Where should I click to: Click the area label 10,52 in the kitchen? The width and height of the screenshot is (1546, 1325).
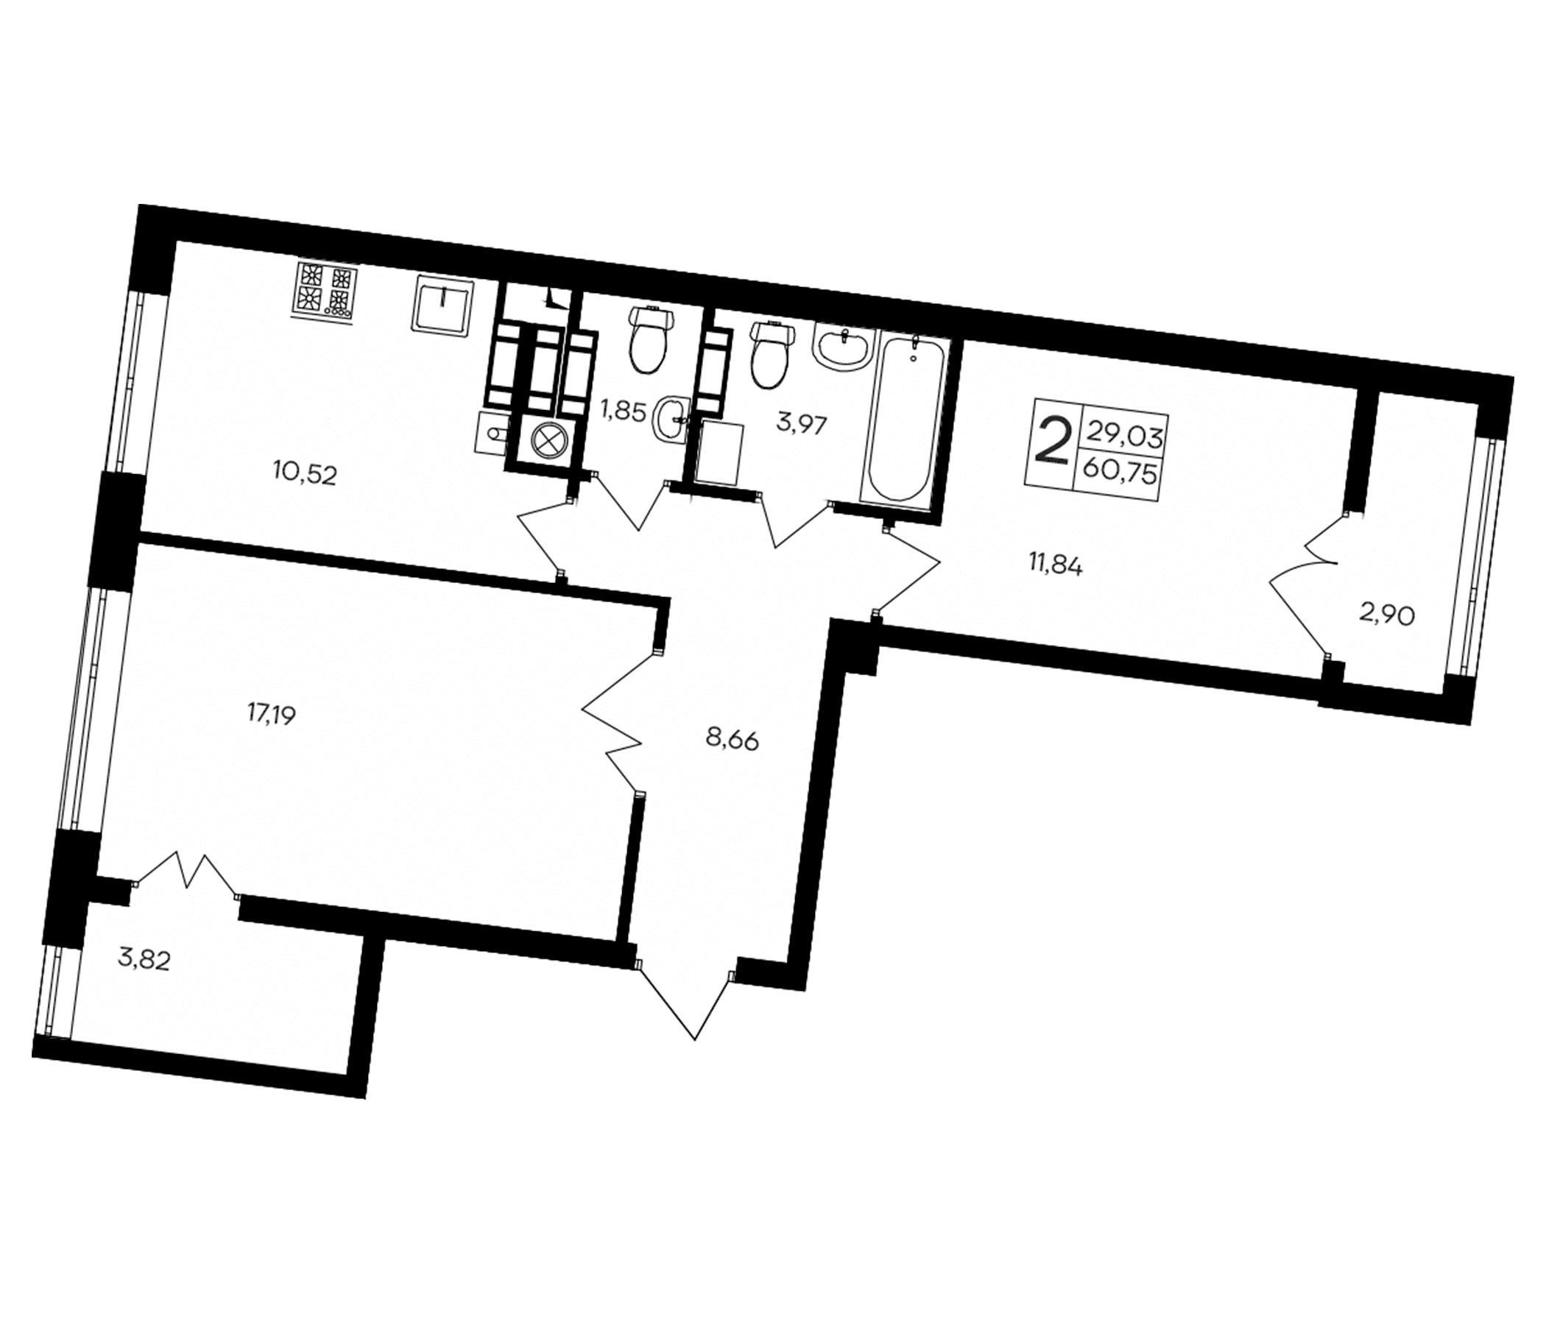(x=305, y=474)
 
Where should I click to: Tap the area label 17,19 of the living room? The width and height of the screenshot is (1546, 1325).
(x=272, y=715)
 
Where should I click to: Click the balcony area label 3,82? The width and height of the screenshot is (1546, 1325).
(x=145, y=959)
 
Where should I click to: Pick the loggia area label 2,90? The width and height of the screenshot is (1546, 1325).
(x=1387, y=616)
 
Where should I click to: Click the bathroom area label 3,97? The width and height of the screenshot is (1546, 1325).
(x=802, y=427)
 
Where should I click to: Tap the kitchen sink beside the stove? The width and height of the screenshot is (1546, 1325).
(x=442, y=306)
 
